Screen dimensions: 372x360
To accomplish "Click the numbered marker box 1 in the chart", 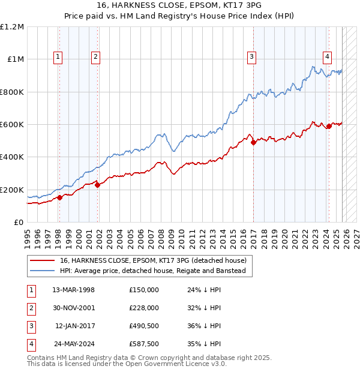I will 58,57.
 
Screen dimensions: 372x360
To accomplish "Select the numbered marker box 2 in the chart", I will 95,57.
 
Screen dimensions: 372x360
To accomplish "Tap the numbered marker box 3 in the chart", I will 251,57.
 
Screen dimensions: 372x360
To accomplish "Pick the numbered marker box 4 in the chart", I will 328,57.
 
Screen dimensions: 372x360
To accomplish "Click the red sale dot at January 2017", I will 253,142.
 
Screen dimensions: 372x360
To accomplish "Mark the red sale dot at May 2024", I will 329,127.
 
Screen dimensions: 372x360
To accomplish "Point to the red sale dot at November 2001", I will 97,185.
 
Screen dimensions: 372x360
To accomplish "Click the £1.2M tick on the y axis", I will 12,27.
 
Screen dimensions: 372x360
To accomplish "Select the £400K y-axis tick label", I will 11,157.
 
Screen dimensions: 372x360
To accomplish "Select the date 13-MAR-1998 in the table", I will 73,290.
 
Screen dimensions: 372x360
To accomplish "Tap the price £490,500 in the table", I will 143,326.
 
